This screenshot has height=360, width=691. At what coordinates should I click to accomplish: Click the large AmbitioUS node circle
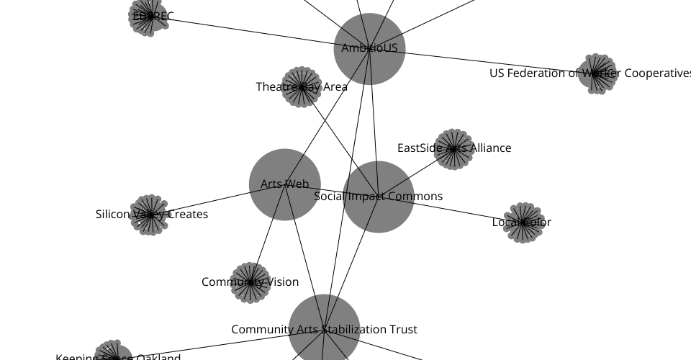coord(369,49)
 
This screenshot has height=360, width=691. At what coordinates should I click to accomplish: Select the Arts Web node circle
coord(284,184)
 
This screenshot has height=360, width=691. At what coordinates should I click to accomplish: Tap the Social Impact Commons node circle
coord(378,197)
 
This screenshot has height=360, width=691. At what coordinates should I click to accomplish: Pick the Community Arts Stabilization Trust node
coord(324,329)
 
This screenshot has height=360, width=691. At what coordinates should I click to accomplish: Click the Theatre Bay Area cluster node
coord(301,88)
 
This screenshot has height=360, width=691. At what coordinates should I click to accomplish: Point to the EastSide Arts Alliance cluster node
coord(453,149)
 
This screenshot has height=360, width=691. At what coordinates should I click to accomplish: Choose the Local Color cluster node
coord(523,222)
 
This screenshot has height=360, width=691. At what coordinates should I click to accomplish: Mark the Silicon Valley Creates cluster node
coord(149,215)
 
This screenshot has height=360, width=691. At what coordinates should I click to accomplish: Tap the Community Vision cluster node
coord(250,282)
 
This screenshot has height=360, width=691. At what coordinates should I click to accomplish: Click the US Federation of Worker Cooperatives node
coord(597,73)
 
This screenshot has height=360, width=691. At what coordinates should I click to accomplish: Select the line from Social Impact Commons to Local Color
coord(461,211)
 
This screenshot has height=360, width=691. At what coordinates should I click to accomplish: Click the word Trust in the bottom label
coord(402,330)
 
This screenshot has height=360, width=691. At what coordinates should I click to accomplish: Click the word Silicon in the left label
coord(114,215)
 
